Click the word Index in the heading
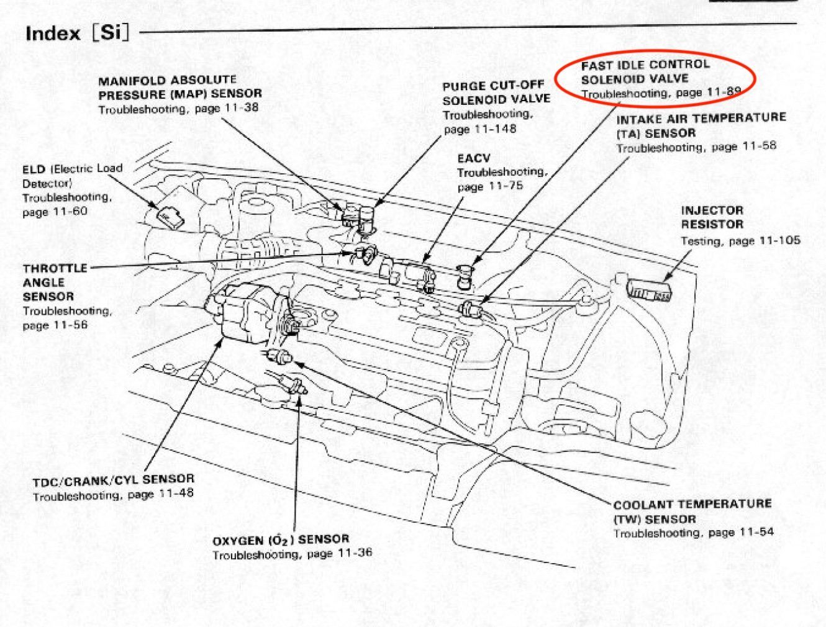coord(53,34)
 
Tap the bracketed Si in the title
coord(111,32)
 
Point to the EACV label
coord(473,158)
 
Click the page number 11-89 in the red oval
coord(724,92)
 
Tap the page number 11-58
coord(759,146)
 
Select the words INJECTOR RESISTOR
coord(712,217)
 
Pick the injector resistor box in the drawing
coord(648,290)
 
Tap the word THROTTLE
coord(55,268)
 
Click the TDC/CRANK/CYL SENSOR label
coord(113,480)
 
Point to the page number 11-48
coord(176,494)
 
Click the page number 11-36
coord(355,553)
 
